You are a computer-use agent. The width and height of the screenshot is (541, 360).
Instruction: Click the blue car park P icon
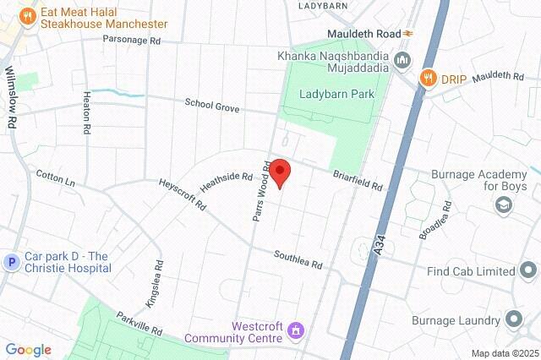[x=12, y=262]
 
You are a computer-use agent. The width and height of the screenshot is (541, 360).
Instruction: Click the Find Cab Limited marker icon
[x=528, y=271]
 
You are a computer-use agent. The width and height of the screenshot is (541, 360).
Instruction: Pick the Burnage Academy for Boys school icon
[x=504, y=205]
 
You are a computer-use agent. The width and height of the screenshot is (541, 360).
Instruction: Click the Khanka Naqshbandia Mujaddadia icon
[x=402, y=58]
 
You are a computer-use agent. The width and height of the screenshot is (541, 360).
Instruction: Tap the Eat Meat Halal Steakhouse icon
[x=28, y=15]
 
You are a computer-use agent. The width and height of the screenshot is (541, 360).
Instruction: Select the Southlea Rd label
[x=298, y=259]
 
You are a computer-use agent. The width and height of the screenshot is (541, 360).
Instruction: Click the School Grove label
[x=213, y=105]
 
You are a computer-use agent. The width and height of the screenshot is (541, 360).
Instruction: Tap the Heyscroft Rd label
[x=183, y=194]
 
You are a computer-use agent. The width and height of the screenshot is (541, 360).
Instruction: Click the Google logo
[x=28, y=350]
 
